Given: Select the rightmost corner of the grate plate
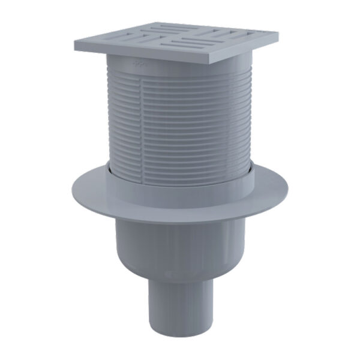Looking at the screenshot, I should click(x=280, y=31).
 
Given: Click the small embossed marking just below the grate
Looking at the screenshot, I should click(x=139, y=62).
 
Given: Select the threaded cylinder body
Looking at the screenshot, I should click(x=180, y=120).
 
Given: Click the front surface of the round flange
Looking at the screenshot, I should click(x=180, y=207).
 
